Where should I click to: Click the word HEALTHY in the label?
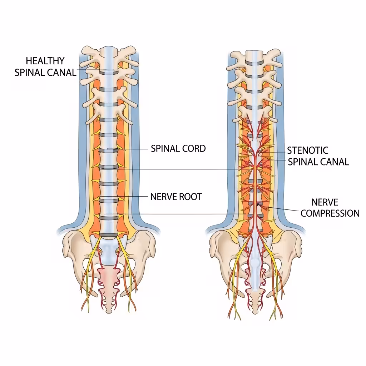click(45, 61)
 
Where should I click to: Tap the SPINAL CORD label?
click(178, 149)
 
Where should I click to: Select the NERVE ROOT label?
click(176, 197)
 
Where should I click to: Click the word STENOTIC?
click(308, 150)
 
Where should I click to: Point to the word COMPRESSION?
click(330, 213)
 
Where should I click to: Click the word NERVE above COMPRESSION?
click(325, 202)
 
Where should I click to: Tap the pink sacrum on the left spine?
click(109, 277)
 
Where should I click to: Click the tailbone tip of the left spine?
click(109, 310)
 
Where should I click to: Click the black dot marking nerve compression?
click(258, 204)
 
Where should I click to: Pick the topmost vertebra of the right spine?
click(254, 57)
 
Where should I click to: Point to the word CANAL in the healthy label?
click(62, 73)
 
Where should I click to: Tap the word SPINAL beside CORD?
click(165, 149)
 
